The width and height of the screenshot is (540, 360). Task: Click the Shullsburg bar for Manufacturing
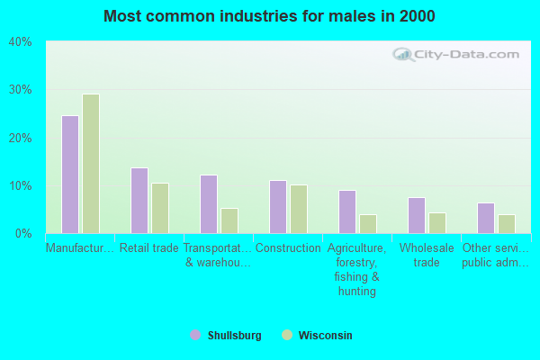[70, 175]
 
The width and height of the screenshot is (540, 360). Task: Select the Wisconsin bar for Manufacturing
[91, 164]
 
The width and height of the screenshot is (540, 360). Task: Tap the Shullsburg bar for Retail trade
[139, 201]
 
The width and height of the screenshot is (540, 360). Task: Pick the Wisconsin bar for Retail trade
[160, 209]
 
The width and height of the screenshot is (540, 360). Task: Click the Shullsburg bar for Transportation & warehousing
[209, 204]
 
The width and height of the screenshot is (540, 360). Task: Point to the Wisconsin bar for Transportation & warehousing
[229, 221]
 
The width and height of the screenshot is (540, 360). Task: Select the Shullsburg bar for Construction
[278, 207]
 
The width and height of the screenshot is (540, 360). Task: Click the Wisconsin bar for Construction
[299, 210]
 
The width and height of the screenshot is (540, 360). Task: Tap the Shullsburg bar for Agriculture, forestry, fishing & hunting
[347, 212]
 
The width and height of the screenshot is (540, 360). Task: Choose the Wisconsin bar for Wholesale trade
[437, 223]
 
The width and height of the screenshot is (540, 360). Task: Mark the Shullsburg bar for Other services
[486, 219]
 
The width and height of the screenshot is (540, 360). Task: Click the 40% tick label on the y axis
[20, 42]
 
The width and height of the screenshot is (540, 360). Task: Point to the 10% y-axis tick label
[20, 186]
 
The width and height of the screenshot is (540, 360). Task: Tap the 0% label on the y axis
[23, 234]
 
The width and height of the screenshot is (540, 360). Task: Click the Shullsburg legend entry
[227, 336]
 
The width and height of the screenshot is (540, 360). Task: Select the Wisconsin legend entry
[318, 336]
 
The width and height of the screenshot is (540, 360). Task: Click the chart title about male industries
[269, 16]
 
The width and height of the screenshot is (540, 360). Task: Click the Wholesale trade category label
[427, 256]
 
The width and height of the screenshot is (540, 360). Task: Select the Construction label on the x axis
[288, 248]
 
